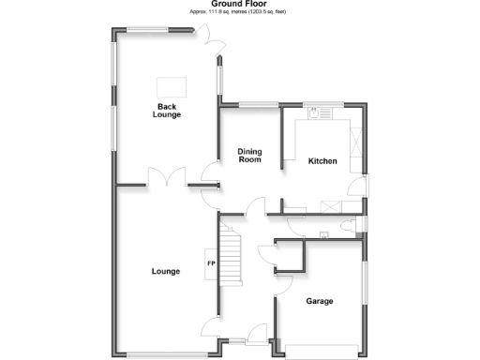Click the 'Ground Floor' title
click(x=240, y=4)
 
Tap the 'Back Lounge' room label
click(x=169, y=111)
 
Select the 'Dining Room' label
click(x=249, y=156)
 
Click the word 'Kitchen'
click(x=323, y=161)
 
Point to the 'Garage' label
click(x=320, y=301)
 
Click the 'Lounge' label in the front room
click(x=166, y=272)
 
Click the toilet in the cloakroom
click(x=348, y=223)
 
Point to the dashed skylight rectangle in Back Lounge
click(x=172, y=85)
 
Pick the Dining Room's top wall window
click(x=252, y=104)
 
